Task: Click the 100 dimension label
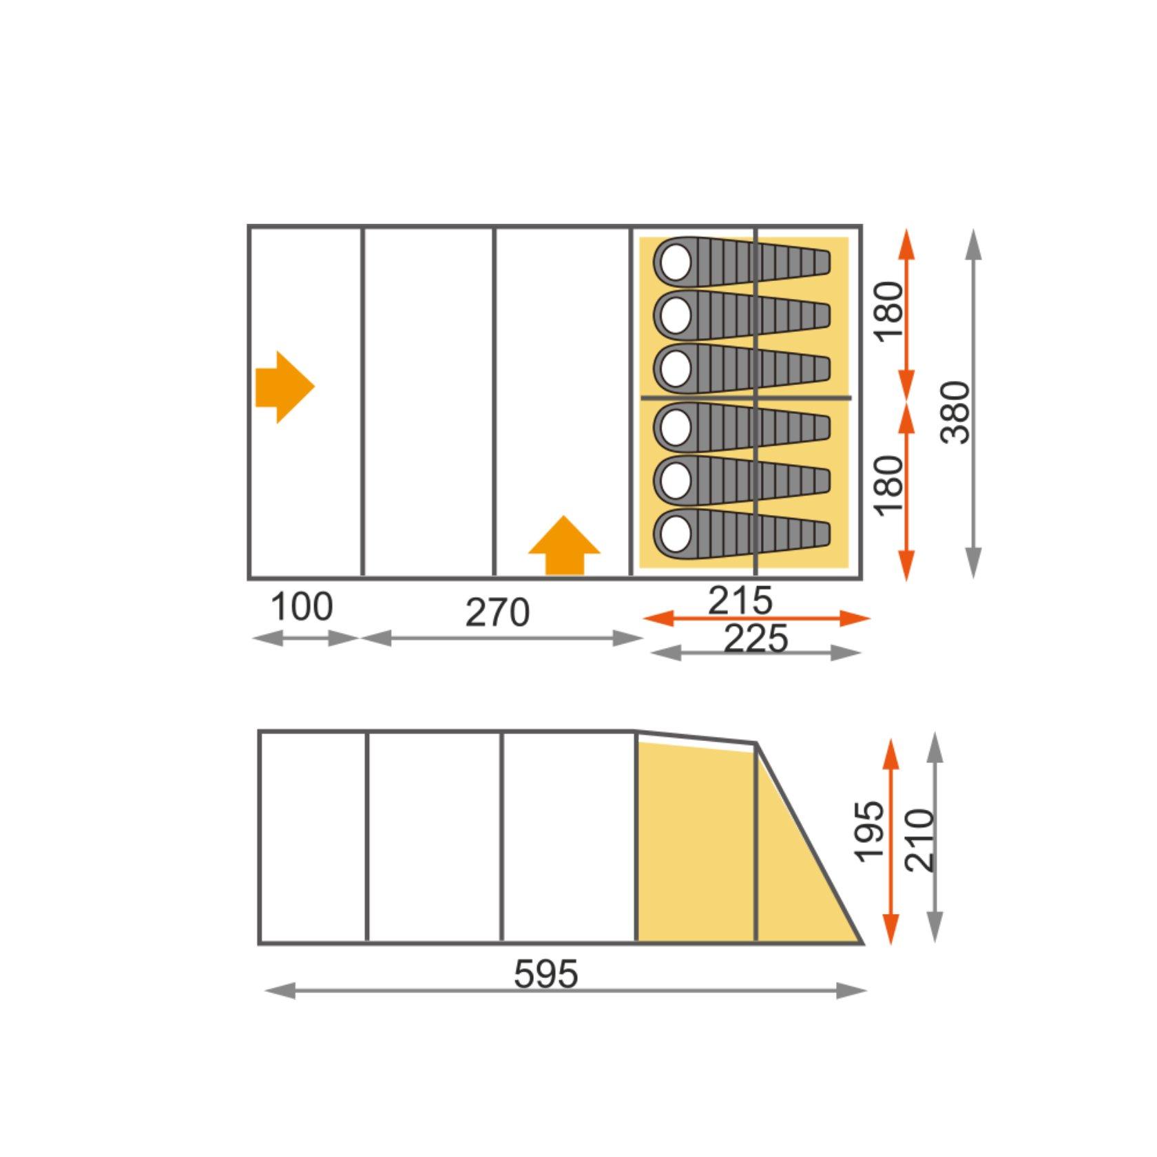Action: tap(302, 607)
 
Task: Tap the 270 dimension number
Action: tap(497, 612)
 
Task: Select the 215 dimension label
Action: tap(740, 601)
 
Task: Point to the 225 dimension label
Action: tap(755, 638)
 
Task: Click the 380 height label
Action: tap(956, 412)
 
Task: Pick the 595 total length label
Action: tap(546, 974)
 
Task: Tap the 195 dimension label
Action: tap(869, 831)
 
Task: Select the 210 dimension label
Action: tap(920, 840)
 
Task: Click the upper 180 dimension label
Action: tap(888, 311)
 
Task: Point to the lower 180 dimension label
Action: tap(888, 485)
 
